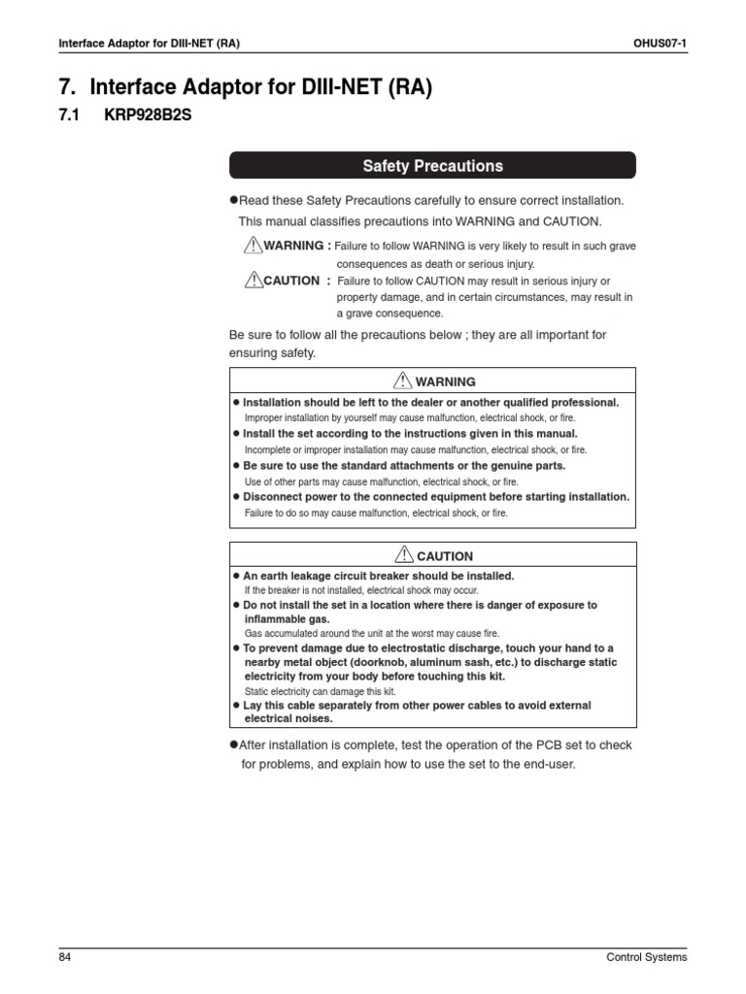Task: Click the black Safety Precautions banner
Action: tap(432, 166)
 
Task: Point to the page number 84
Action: tap(65, 957)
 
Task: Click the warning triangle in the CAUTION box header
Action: tap(405, 555)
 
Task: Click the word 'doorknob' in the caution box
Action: tap(414, 662)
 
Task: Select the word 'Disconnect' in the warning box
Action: tap(277, 496)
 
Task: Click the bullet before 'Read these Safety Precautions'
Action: tap(233, 200)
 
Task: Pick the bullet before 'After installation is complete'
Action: tap(233, 745)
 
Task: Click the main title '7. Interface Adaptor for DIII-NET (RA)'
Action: tap(245, 87)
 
